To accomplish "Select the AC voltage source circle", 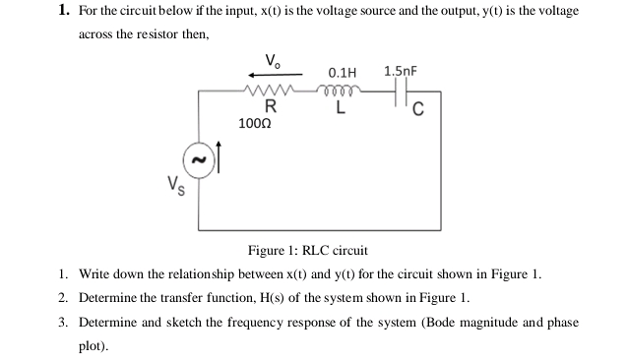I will click(x=199, y=158).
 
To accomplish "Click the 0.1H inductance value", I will click(x=342, y=73).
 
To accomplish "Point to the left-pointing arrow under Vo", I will click(x=264, y=73).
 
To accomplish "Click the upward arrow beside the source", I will click(x=220, y=156).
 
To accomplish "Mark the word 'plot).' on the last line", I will click(x=94, y=346).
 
